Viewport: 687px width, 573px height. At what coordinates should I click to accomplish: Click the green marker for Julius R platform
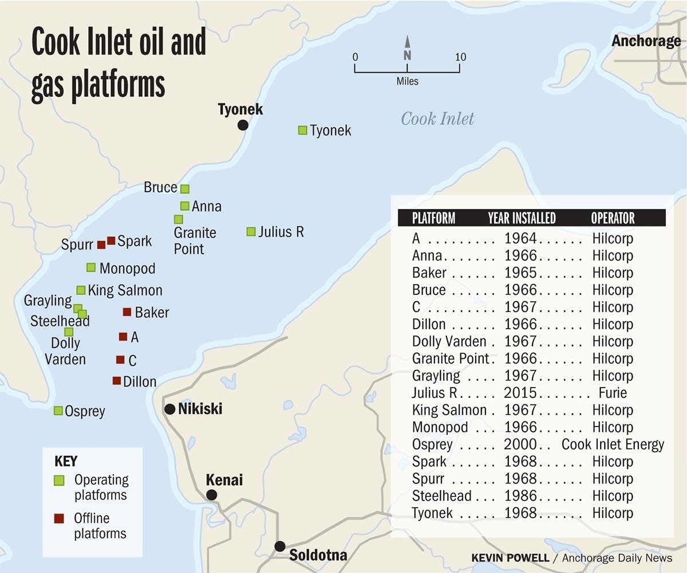251,231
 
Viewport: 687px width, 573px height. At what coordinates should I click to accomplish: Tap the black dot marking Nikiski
170,409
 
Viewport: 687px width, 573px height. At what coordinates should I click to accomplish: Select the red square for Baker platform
127,312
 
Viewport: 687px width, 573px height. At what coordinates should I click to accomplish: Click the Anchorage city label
646,41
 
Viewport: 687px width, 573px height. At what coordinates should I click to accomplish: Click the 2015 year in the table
520,393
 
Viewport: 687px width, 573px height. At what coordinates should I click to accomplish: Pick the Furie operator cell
613,393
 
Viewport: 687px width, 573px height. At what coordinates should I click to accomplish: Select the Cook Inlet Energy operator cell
613,445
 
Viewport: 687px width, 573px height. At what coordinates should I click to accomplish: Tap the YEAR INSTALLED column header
522,218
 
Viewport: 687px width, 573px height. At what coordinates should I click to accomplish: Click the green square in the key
58,481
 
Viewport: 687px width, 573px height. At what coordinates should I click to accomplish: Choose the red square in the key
58,519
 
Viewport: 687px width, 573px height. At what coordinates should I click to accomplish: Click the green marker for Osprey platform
58,410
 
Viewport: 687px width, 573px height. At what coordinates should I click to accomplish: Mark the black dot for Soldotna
280,546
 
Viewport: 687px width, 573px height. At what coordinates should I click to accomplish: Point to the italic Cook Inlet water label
437,119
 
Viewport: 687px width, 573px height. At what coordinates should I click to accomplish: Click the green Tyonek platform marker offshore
302,130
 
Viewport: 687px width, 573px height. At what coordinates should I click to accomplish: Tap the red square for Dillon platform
117,381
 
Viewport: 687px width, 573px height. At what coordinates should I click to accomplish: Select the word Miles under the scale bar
407,81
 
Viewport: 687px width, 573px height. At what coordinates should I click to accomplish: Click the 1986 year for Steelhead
520,496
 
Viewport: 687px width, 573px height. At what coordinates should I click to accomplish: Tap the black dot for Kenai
212,495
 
